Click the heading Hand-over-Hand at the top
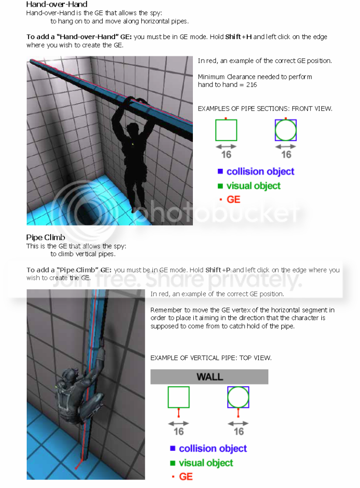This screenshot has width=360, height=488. point(57,4)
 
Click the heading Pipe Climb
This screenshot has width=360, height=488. point(45,238)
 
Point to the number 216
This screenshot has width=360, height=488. point(251,84)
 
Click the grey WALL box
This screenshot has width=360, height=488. point(209,376)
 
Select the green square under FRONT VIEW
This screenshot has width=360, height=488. point(226,130)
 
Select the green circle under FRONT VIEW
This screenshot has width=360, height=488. point(286,130)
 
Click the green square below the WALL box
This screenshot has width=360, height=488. point(179,397)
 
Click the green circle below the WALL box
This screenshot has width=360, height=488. point(238,397)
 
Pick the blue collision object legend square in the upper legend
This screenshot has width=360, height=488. point(220,171)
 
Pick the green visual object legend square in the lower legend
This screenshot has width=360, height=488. point(173,463)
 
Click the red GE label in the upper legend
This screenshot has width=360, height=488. point(233,199)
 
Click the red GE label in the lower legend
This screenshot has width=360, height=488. point(186,477)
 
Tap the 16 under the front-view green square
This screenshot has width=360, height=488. point(226,155)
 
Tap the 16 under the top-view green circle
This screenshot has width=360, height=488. point(239,431)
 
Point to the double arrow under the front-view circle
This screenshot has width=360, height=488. point(286,146)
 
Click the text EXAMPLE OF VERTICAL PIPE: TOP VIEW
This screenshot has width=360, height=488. point(211,358)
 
